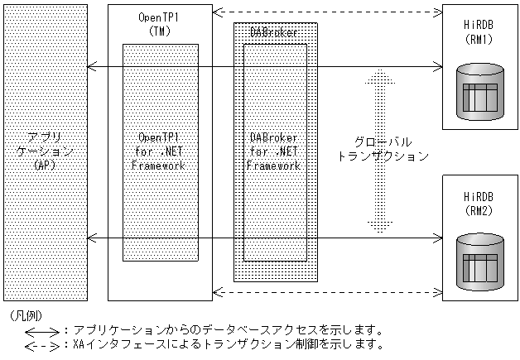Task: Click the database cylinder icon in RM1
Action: (482, 89)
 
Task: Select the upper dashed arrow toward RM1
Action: (327, 12)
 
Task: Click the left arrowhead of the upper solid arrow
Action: (90, 66)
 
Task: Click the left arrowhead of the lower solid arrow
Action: (90, 239)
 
